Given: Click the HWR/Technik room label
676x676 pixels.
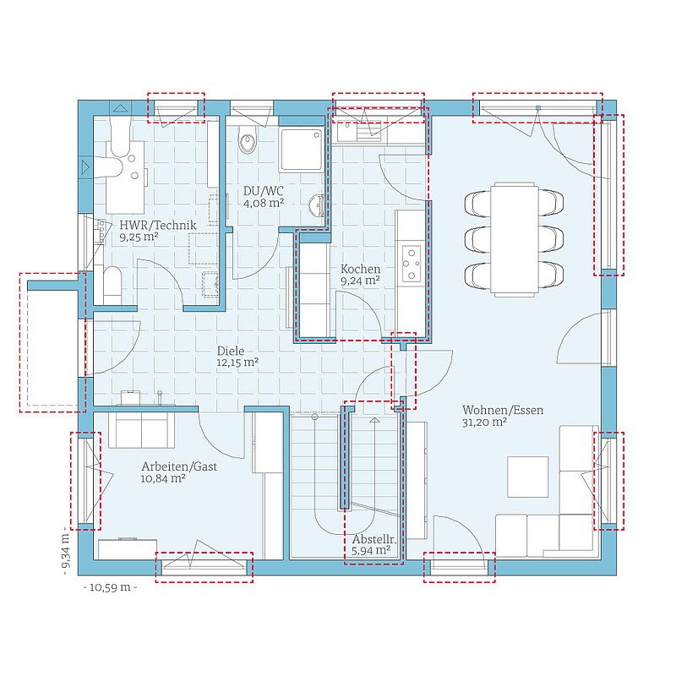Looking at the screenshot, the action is pos(158,225).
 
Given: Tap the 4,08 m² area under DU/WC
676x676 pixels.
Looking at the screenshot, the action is pos(264,203).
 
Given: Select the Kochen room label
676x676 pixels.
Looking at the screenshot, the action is pos(361,269).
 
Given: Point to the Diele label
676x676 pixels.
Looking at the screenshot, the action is pos(230,351).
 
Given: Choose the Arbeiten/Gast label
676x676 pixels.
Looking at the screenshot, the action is pos(179,466).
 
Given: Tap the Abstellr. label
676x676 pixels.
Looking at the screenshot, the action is pos(373,540).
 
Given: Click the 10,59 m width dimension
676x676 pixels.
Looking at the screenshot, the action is pos(110,587).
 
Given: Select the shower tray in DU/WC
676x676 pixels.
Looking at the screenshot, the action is pos(302,150).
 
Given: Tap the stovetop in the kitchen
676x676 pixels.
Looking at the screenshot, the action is pos(412,264).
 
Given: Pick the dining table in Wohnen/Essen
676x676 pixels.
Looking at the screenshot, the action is pos(515,240).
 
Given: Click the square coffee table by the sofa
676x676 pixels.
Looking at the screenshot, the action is pos(528,477).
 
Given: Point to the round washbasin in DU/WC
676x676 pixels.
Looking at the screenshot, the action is pos(317,204).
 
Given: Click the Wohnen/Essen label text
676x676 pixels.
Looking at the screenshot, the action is pos(503,410).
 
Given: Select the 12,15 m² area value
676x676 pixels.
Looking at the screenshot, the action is pos(237,363).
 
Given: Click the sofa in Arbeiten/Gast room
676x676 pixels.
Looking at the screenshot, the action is pos(141,430).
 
